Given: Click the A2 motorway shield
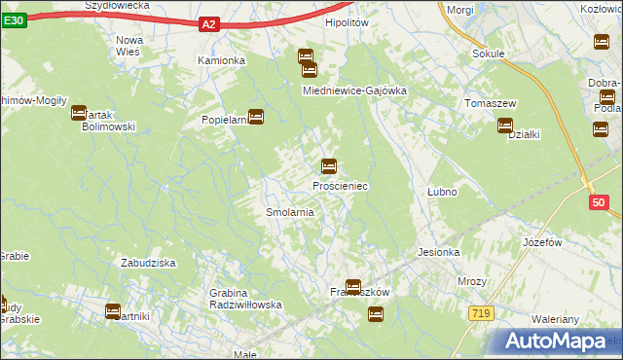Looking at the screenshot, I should pos(209,24).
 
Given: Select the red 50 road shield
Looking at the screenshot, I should pos(599,202).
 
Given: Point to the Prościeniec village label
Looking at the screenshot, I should pos(340,185).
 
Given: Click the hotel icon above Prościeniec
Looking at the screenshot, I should pos(329,166).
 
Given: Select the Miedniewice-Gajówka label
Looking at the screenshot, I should pos(354,90).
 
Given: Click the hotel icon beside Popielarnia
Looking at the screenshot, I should pos(256,117).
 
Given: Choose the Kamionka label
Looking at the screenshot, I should pos(221,60).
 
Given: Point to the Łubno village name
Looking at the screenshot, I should pos(442,193).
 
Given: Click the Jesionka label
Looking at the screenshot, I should pos(438,252).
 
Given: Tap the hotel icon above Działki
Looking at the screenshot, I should pos(505,125).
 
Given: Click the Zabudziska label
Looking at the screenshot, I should pos(147,263).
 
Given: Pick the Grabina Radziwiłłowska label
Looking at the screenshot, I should pos(245,299).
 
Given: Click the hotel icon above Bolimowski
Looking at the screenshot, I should pos(79,113).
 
